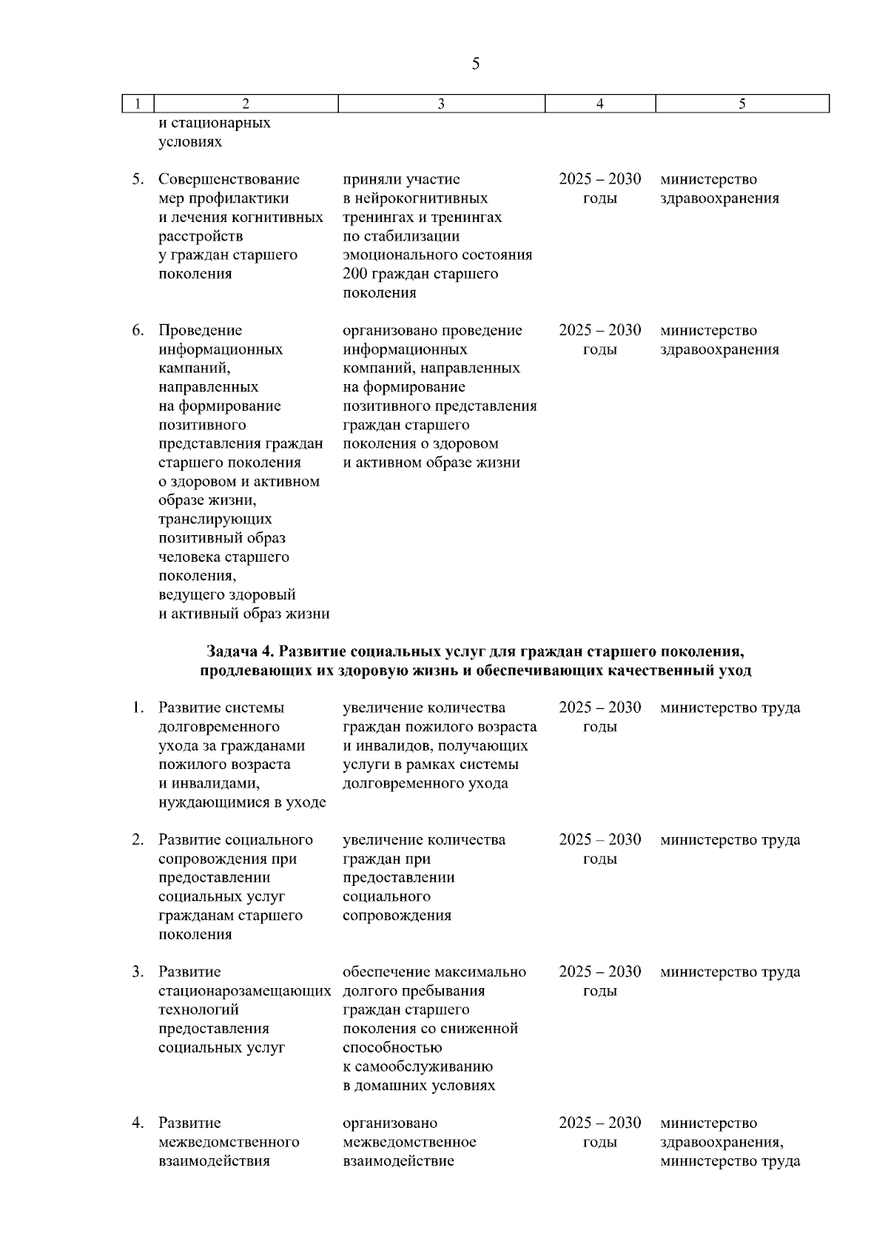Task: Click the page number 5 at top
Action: pos(475,64)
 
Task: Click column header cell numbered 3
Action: pos(441,104)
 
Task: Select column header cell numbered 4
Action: pos(599,104)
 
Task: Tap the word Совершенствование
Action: pos(229,180)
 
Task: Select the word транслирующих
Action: pos(215,520)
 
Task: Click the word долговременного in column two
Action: pos(219,727)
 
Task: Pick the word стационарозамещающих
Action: pos(244,991)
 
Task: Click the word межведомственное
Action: pos(410,1142)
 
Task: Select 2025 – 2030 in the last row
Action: pos(599,1123)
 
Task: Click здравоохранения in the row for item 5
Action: pos(719,198)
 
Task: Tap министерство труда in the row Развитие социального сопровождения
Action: pos(730,840)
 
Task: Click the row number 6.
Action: pos(138,331)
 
